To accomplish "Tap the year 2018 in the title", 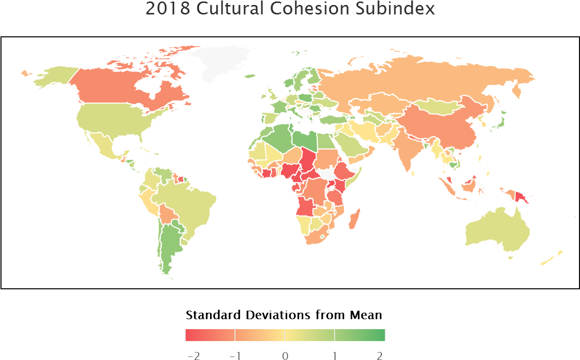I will pyautogui.click(x=167, y=8).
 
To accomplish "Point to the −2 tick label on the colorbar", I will pyautogui.click(x=193, y=355).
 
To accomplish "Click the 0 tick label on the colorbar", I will pyautogui.click(x=285, y=355).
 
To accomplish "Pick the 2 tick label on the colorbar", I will pyautogui.click(x=380, y=355).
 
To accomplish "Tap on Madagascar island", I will pyautogui.click(x=353, y=219).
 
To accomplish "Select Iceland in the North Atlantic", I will pyautogui.click(x=249, y=76).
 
